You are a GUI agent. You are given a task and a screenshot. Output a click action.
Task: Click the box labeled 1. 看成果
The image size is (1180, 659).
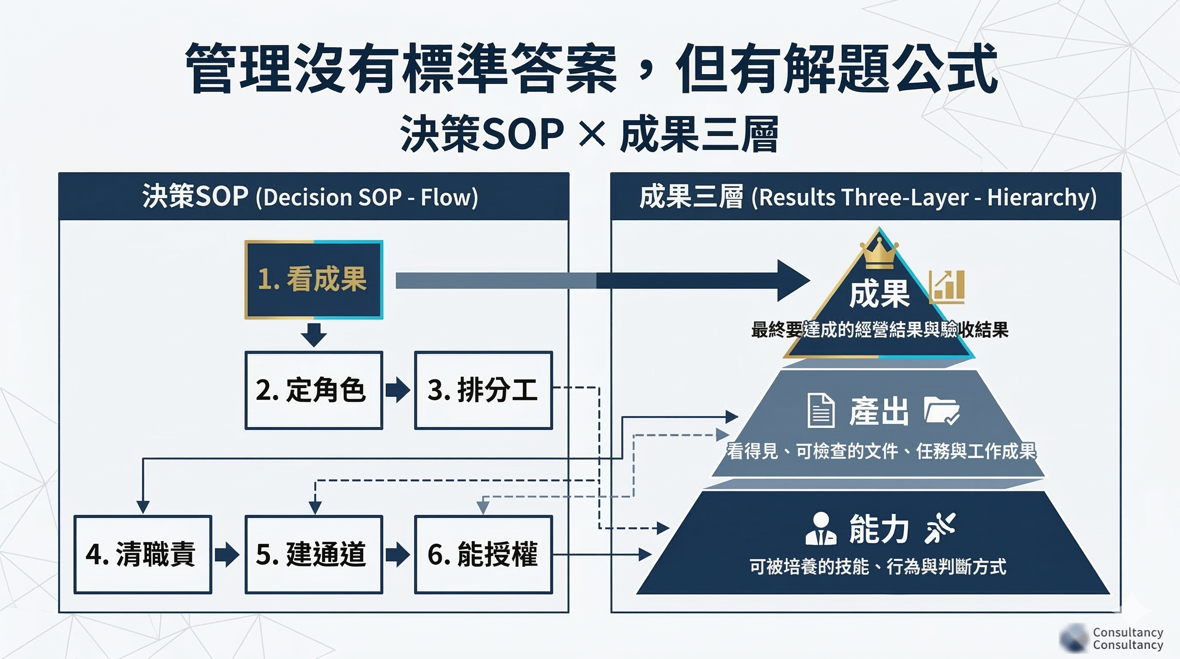[314, 280]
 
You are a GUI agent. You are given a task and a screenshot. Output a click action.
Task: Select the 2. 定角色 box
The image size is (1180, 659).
[314, 390]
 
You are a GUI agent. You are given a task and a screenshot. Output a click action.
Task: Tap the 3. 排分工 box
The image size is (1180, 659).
[483, 390]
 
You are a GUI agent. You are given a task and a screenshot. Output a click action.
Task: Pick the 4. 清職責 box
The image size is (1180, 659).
[142, 554]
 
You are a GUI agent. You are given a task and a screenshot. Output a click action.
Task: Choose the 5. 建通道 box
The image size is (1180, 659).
[314, 554]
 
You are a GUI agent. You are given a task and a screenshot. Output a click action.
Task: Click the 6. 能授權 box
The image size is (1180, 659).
[483, 554]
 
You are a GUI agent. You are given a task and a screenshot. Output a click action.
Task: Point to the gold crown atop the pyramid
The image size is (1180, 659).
[879, 254]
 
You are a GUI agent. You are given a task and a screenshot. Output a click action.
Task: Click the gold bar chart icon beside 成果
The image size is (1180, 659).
[947, 287]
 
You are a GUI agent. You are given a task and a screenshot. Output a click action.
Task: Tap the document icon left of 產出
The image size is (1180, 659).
[820, 410]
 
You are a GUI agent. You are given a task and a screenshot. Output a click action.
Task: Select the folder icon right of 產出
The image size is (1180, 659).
[941, 411]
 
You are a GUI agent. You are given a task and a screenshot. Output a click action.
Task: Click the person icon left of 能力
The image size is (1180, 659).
[820, 529]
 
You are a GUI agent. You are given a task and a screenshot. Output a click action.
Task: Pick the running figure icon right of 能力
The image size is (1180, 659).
[940, 528]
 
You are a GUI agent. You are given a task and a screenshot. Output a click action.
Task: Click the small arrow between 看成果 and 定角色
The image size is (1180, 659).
[314, 335]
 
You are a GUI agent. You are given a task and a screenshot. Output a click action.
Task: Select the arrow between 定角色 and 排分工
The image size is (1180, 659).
[397, 390]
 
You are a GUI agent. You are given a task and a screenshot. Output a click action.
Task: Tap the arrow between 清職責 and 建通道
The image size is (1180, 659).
[227, 554]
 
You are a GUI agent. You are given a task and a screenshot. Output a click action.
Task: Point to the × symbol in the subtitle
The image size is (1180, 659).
[592, 134]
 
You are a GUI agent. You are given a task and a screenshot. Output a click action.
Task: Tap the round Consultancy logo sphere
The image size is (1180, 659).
[1073, 638]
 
